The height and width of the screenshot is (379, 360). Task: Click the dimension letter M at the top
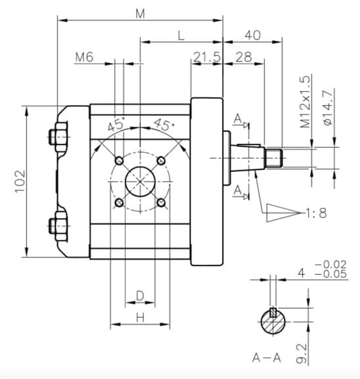[140, 14]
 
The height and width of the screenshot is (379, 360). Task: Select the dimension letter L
[181, 35]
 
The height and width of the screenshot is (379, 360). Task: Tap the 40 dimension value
[253, 35]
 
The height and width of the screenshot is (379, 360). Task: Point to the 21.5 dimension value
[207, 57]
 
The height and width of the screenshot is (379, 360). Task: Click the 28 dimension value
[244, 57]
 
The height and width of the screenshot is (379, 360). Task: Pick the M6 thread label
[84, 57]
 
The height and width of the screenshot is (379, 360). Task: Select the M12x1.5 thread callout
[305, 102]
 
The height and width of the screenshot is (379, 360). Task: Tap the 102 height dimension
[20, 181]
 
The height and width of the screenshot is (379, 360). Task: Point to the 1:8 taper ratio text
[316, 213]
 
